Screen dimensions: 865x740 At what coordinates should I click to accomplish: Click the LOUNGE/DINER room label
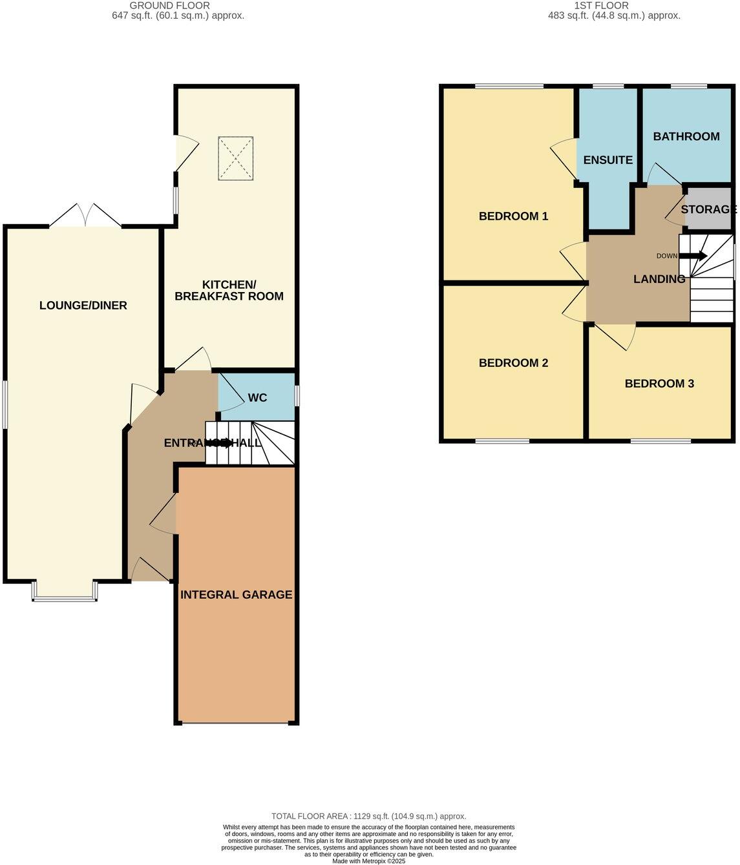[x=83, y=306]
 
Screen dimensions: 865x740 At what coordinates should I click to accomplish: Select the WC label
[x=257, y=397]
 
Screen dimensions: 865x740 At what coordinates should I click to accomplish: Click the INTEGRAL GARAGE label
[x=236, y=594]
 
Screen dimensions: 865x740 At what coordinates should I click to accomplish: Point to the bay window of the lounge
[x=65, y=593]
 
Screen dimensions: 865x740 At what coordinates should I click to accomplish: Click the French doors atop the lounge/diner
[x=85, y=216]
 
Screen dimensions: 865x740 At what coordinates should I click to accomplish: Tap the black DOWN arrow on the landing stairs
[x=693, y=256]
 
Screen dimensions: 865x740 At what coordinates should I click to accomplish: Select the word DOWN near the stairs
[x=666, y=256]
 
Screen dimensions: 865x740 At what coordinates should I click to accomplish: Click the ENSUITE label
[x=608, y=160]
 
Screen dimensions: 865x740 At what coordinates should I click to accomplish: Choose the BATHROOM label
[x=686, y=136]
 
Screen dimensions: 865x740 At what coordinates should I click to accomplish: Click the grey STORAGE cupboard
[x=708, y=209]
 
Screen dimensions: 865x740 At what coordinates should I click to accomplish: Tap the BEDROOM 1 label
[x=513, y=216]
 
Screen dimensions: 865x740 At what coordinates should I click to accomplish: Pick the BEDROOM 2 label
[x=513, y=363]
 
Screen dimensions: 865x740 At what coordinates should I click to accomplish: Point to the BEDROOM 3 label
[x=659, y=384]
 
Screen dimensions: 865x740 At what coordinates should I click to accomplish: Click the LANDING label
[x=659, y=279]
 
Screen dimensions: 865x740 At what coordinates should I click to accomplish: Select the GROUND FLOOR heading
[x=169, y=5]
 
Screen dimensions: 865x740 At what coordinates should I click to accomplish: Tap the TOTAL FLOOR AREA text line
[x=368, y=817]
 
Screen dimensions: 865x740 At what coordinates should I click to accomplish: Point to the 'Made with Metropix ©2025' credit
[x=368, y=861]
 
